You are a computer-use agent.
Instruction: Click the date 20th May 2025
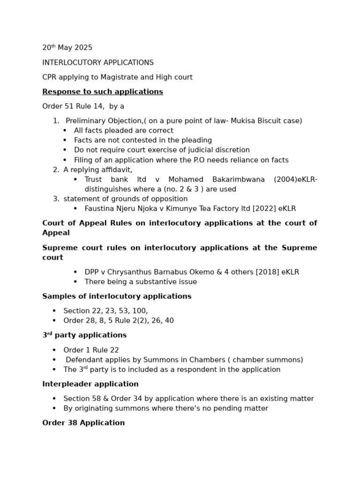coord(67,48)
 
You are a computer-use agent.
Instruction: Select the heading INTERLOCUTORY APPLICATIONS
coord(98,62)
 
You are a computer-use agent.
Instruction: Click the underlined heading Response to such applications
coord(103,91)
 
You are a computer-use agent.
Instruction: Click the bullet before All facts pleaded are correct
coord(65,131)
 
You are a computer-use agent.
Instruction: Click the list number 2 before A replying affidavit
coord(56,170)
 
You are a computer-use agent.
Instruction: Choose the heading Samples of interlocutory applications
coord(117,296)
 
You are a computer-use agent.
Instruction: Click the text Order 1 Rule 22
coord(91,350)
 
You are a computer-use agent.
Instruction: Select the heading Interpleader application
coord(90,384)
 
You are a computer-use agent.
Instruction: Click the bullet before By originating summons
coord(54,409)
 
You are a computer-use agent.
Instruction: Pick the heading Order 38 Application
coord(83,423)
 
